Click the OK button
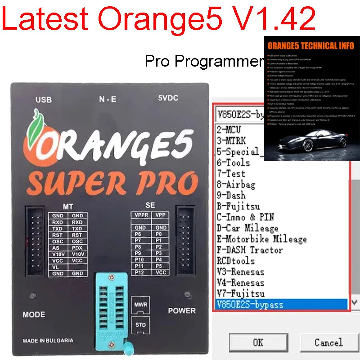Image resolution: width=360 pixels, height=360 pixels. [x=258, y=342]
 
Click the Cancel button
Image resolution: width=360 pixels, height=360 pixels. [x=328, y=342]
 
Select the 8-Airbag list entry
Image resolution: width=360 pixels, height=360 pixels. [x=236, y=184]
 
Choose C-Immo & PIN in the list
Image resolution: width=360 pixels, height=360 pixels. [x=245, y=217]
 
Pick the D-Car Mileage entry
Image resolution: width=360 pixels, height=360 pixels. [x=247, y=228]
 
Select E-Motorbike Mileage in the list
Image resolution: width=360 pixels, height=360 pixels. [x=261, y=239]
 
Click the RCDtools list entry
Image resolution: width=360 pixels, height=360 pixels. [x=235, y=261]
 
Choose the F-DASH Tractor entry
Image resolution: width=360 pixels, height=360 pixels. [x=249, y=250]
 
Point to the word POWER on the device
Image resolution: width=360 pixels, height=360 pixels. [x=182, y=310]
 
